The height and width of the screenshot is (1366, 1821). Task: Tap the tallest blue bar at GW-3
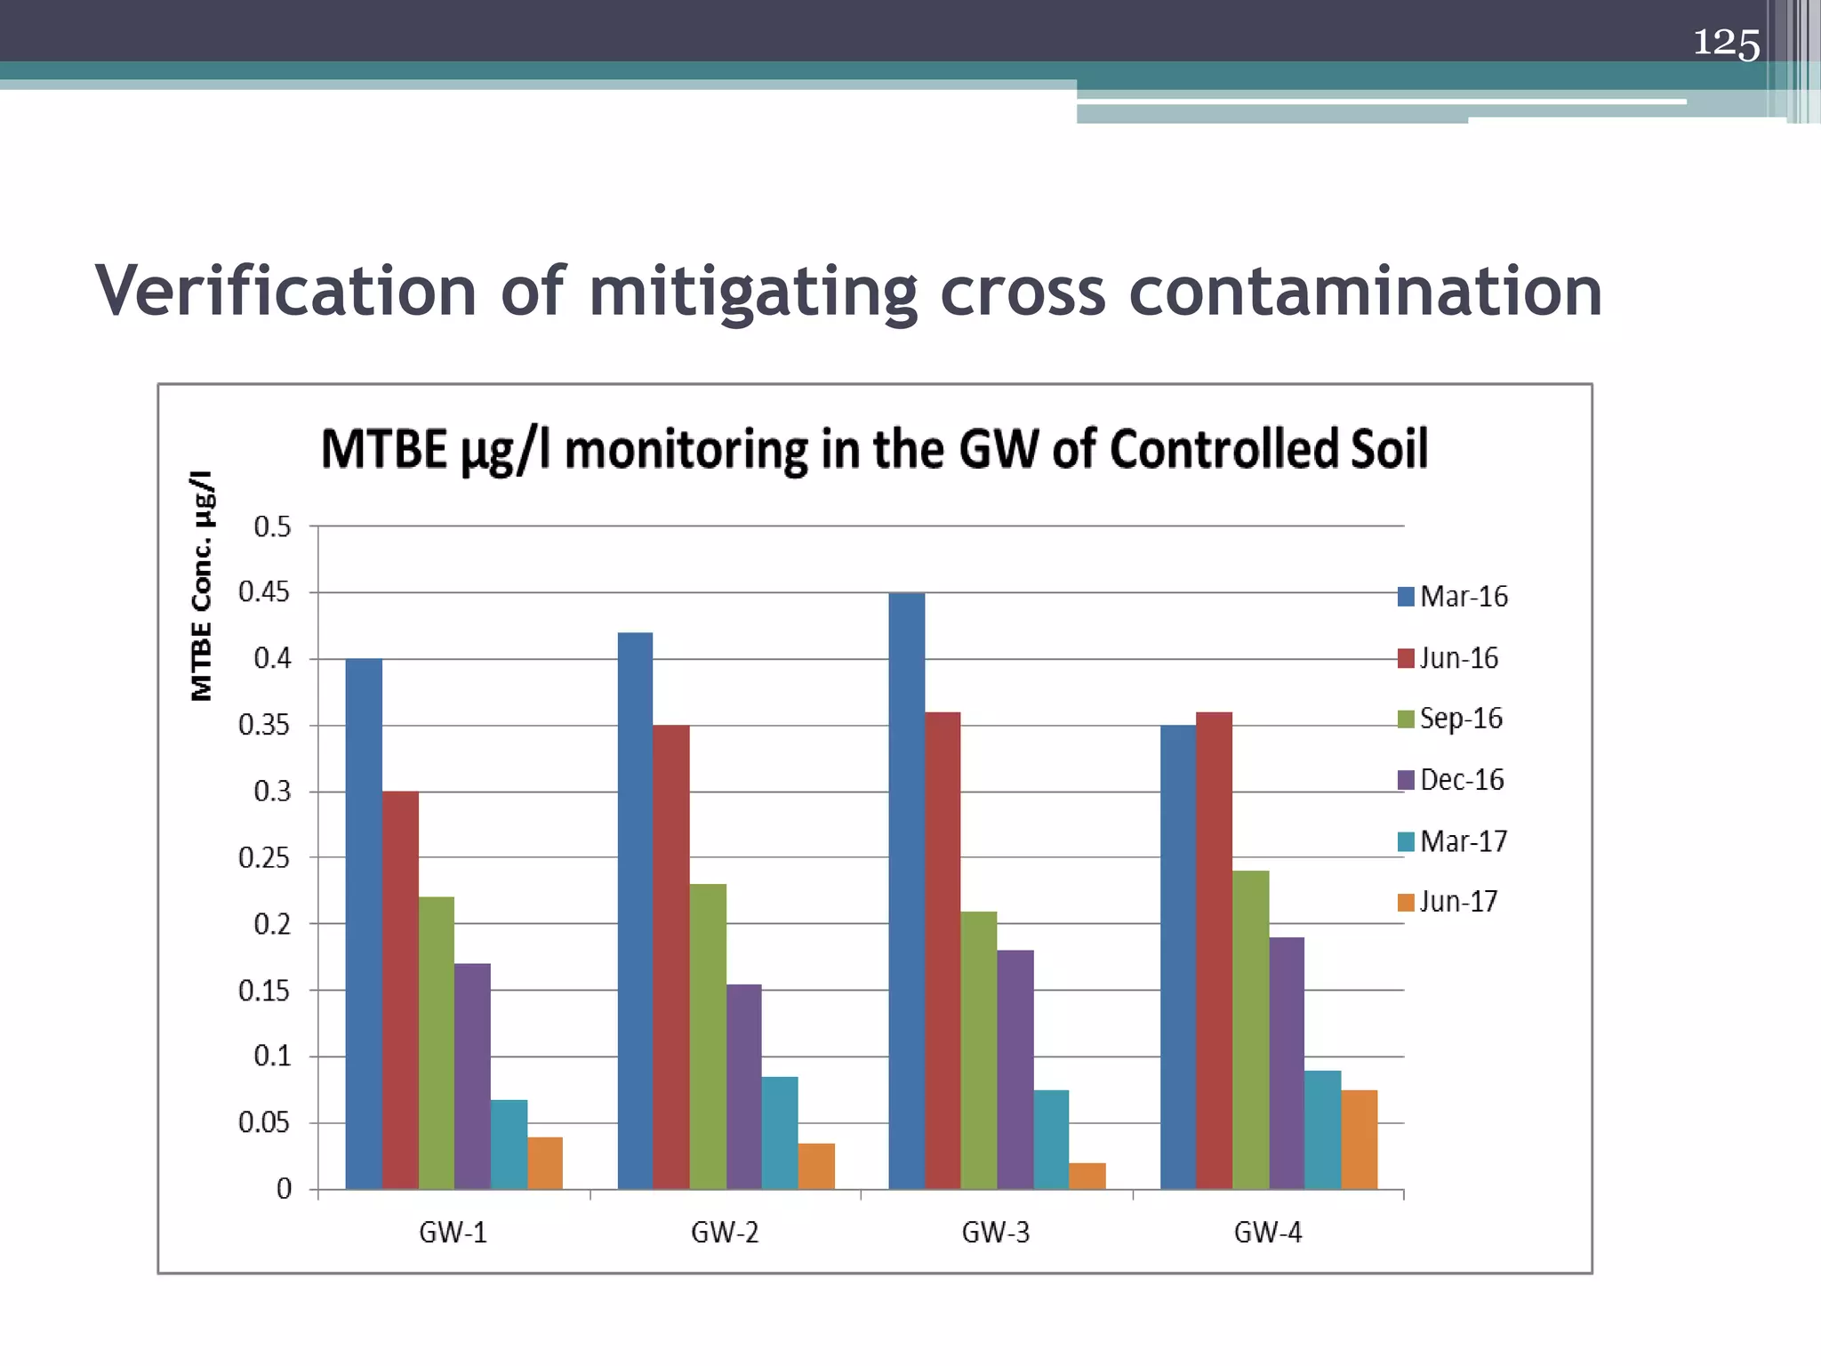907,890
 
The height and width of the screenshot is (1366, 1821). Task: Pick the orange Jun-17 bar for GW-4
1359,1139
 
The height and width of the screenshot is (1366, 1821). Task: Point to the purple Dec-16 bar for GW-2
743,1086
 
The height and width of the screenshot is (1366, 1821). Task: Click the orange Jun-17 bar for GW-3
1087,1176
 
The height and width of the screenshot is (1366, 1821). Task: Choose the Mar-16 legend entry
1453,596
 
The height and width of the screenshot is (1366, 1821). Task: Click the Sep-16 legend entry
1450,719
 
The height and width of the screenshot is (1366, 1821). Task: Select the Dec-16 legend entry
1451,780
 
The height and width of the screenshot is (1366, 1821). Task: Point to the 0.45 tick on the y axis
264,592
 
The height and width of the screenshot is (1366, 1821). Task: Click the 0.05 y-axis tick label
264,1123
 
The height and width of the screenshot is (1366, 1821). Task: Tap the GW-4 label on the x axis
1268,1233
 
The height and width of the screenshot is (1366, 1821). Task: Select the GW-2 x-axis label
725,1233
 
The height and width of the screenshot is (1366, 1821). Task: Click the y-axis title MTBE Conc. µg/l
203,585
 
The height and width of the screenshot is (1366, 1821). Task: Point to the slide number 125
1725,43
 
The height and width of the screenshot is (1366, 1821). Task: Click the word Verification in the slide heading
286,291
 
